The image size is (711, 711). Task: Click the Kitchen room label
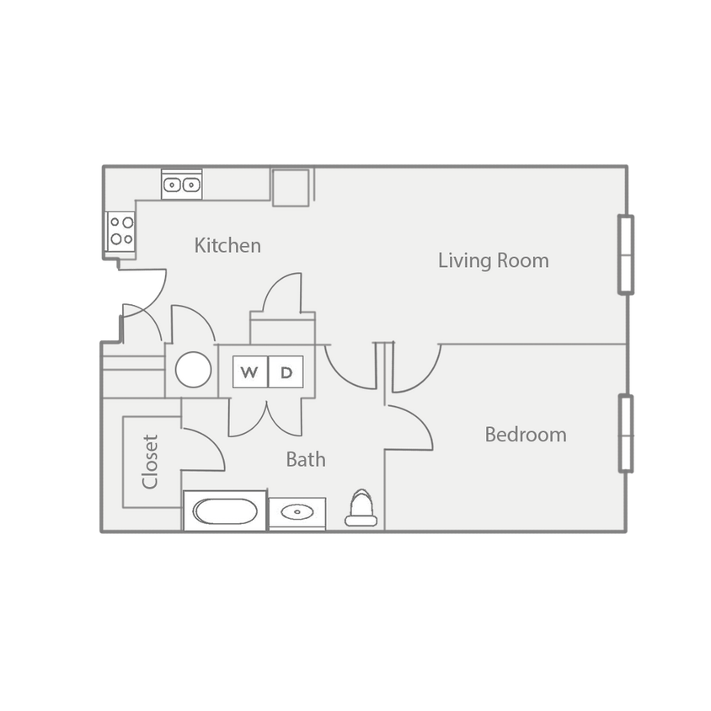pyautogui.click(x=227, y=246)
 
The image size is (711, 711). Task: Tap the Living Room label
pyautogui.click(x=493, y=260)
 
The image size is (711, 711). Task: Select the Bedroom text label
pyautogui.click(x=525, y=435)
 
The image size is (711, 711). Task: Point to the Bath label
pyautogui.click(x=305, y=460)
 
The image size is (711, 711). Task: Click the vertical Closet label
pyautogui.click(x=151, y=461)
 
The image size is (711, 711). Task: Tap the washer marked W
pyautogui.click(x=250, y=372)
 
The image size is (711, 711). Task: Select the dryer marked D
pyautogui.click(x=286, y=372)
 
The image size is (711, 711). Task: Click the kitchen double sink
pyautogui.click(x=182, y=184)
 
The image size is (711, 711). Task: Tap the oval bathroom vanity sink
pyautogui.click(x=297, y=512)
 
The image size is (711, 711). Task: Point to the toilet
pyautogui.click(x=361, y=510)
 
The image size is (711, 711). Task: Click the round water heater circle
pyautogui.click(x=192, y=369)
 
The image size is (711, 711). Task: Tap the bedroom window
pyautogui.click(x=626, y=432)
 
